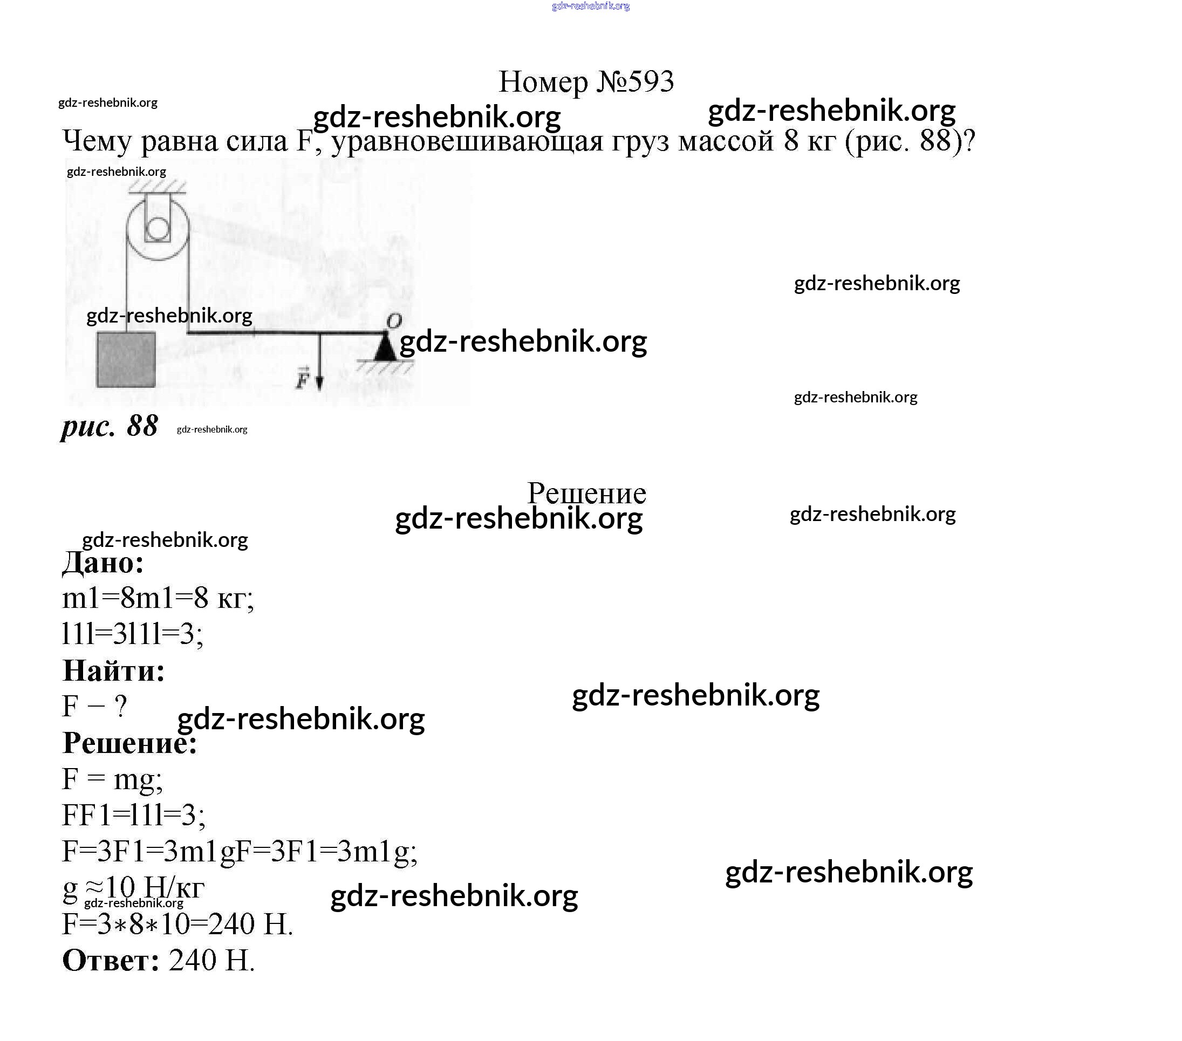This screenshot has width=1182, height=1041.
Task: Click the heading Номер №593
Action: pos(586,82)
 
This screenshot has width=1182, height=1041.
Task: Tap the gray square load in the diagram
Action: pos(126,360)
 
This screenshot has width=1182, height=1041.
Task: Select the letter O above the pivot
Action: pos(393,320)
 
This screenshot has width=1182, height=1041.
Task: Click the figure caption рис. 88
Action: pos(110,426)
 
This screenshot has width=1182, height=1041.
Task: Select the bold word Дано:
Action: pos(103,562)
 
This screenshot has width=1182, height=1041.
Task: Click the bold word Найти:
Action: pos(113,670)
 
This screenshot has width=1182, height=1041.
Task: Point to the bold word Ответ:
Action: pos(111,960)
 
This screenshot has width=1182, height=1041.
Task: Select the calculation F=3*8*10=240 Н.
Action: pos(177,923)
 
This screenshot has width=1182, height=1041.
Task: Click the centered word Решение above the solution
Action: pos(586,493)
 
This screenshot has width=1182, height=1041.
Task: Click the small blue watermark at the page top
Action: pos(590,6)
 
